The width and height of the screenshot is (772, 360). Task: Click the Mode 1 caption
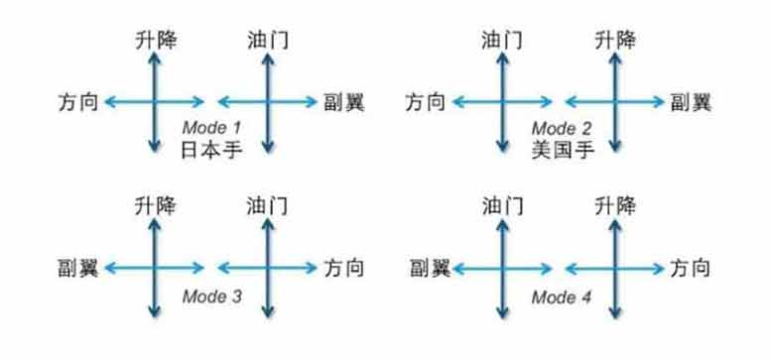(x=210, y=128)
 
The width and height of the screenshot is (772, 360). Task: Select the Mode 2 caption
(x=560, y=128)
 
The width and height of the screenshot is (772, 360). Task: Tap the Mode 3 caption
(x=210, y=295)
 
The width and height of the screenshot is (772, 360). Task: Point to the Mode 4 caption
(x=560, y=295)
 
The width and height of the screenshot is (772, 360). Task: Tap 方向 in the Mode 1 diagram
(x=78, y=101)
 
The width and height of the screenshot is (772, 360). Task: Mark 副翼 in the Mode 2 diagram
(x=692, y=101)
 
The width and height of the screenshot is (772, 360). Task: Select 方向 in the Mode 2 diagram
(x=428, y=101)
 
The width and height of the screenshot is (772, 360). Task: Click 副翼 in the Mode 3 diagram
(x=78, y=267)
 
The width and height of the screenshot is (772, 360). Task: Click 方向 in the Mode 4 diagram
(x=692, y=267)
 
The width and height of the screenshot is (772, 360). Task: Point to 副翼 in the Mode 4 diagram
(x=428, y=267)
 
